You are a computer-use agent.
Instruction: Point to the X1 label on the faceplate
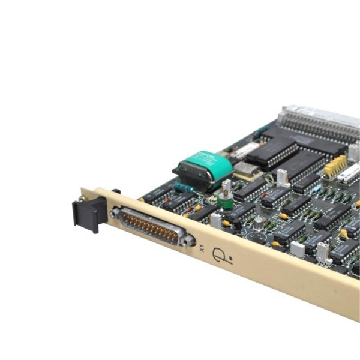click(x=202, y=247)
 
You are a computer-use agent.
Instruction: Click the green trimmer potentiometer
click(x=226, y=199)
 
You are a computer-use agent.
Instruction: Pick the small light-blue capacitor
click(x=317, y=188)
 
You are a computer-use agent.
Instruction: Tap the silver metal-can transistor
click(x=259, y=223)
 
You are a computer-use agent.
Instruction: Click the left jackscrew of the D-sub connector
click(x=115, y=212)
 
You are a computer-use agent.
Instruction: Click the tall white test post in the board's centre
click(x=281, y=176)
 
